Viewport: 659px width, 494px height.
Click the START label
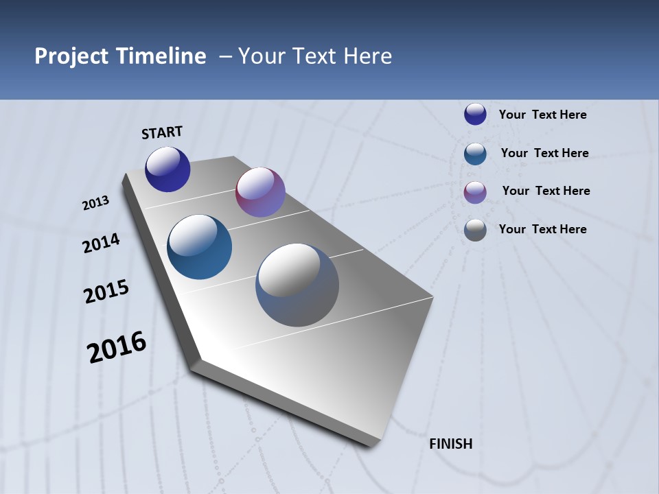tap(162, 132)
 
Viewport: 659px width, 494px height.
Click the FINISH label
tap(451, 444)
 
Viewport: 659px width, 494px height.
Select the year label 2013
tap(96, 203)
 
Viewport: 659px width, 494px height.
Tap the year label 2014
tap(101, 244)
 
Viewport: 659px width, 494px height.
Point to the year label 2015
tap(106, 292)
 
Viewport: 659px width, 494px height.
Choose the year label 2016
tap(117, 347)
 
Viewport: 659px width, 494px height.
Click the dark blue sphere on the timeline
tap(167, 169)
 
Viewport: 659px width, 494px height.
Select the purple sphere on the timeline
tap(260, 192)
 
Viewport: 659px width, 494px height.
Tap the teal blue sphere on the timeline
tap(200, 247)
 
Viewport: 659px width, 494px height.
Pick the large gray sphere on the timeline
tap(297, 285)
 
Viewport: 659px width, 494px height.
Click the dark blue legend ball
tap(475, 114)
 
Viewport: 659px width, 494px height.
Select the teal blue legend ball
tap(475, 153)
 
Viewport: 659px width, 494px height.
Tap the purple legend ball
tap(475, 191)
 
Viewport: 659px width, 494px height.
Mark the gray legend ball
tap(475, 229)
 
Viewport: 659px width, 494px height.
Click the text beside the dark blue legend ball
tap(542, 115)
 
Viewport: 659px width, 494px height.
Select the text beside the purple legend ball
tap(546, 191)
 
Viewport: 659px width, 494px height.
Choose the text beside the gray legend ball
tap(542, 229)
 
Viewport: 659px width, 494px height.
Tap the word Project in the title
tap(70, 56)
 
